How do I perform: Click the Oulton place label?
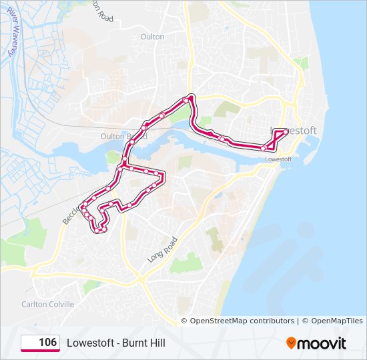(x=152, y=37)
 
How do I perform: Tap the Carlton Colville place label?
(x=47, y=304)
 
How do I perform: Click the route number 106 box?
(x=40, y=343)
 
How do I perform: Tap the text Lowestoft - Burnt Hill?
(x=115, y=343)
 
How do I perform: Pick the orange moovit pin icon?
(x=291, y=343)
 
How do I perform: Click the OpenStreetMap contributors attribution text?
(x=242, y=321)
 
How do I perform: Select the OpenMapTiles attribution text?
(x=336, y=321)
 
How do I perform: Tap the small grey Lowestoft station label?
(x=279, y=160)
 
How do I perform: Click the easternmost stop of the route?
(x=286, y=131)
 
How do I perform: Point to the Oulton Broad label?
(x=114, y=136)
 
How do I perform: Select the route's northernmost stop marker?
(x=190, y=99)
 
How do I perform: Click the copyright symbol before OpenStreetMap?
(x=186, y=321)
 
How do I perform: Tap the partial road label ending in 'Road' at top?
(x=99, y=11)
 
